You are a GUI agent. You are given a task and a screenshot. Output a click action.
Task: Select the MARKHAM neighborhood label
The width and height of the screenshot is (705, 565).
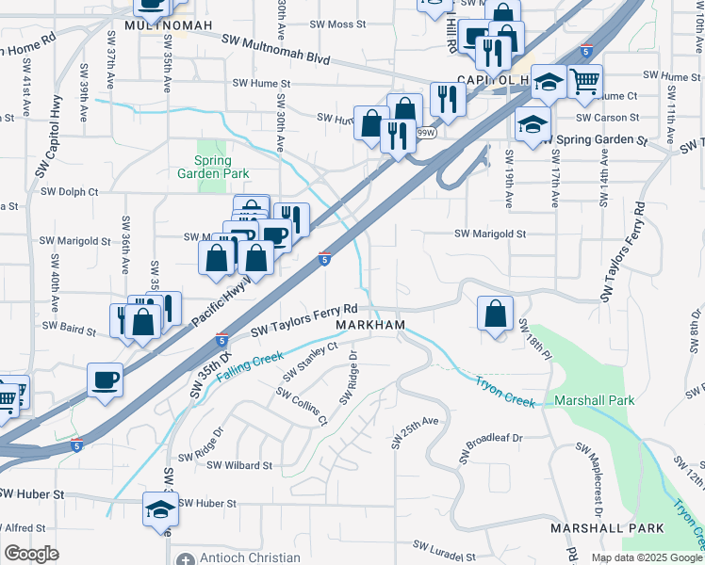coord(371,325)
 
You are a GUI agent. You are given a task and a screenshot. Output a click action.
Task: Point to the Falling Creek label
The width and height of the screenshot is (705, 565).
coord(251,365)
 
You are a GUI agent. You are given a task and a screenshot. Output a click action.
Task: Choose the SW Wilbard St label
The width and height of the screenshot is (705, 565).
coord(239,465)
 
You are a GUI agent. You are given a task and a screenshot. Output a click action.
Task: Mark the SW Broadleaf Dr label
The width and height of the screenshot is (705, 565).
coord(492,446)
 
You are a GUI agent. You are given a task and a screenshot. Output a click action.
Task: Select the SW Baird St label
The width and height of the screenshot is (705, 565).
coord(69,328)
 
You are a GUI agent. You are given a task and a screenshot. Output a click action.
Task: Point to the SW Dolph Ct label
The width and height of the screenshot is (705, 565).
coord(69,191)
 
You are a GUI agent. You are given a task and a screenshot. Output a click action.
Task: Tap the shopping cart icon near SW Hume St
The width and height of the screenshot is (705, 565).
coord(585,83)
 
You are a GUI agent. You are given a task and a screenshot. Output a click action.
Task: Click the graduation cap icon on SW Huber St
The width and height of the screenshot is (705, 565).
coord(160,509)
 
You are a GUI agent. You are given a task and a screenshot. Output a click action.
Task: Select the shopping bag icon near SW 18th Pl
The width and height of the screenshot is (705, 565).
coord(495,314)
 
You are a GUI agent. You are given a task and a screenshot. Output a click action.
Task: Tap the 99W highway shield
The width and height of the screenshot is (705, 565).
coord(426,133)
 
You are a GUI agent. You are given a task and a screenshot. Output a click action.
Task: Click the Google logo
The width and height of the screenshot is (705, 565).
coord(32,554)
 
